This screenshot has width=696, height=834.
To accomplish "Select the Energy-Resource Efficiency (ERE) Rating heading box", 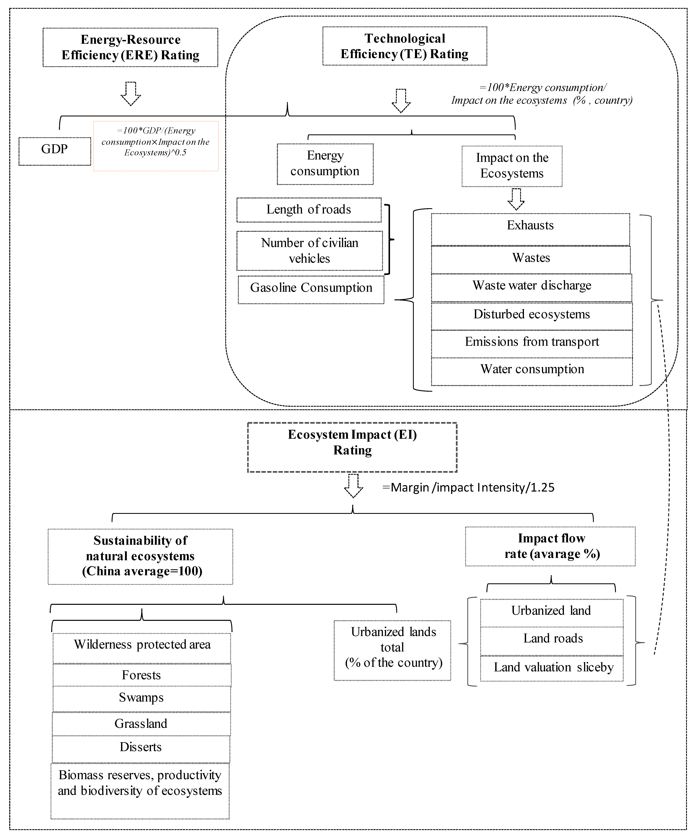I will point(130,47).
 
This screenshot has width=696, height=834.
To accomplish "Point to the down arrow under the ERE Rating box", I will point(131,94).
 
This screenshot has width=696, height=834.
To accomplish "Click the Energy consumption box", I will point(325,164).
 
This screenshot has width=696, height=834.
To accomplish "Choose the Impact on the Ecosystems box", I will point(512,166).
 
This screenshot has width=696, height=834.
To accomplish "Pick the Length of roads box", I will point(309,210).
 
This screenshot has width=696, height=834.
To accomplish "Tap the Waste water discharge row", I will point(532,287).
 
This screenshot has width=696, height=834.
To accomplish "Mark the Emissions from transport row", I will point(532,344).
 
